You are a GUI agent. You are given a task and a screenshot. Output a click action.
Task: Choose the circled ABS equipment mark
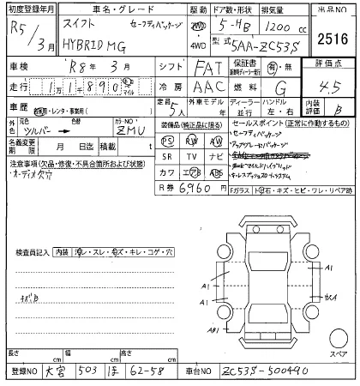[215, 172]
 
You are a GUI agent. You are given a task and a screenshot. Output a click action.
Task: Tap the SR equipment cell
[168, 156]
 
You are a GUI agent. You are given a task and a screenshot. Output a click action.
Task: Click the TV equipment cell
[192, 156]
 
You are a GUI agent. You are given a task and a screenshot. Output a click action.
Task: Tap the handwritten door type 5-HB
[231, 25]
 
